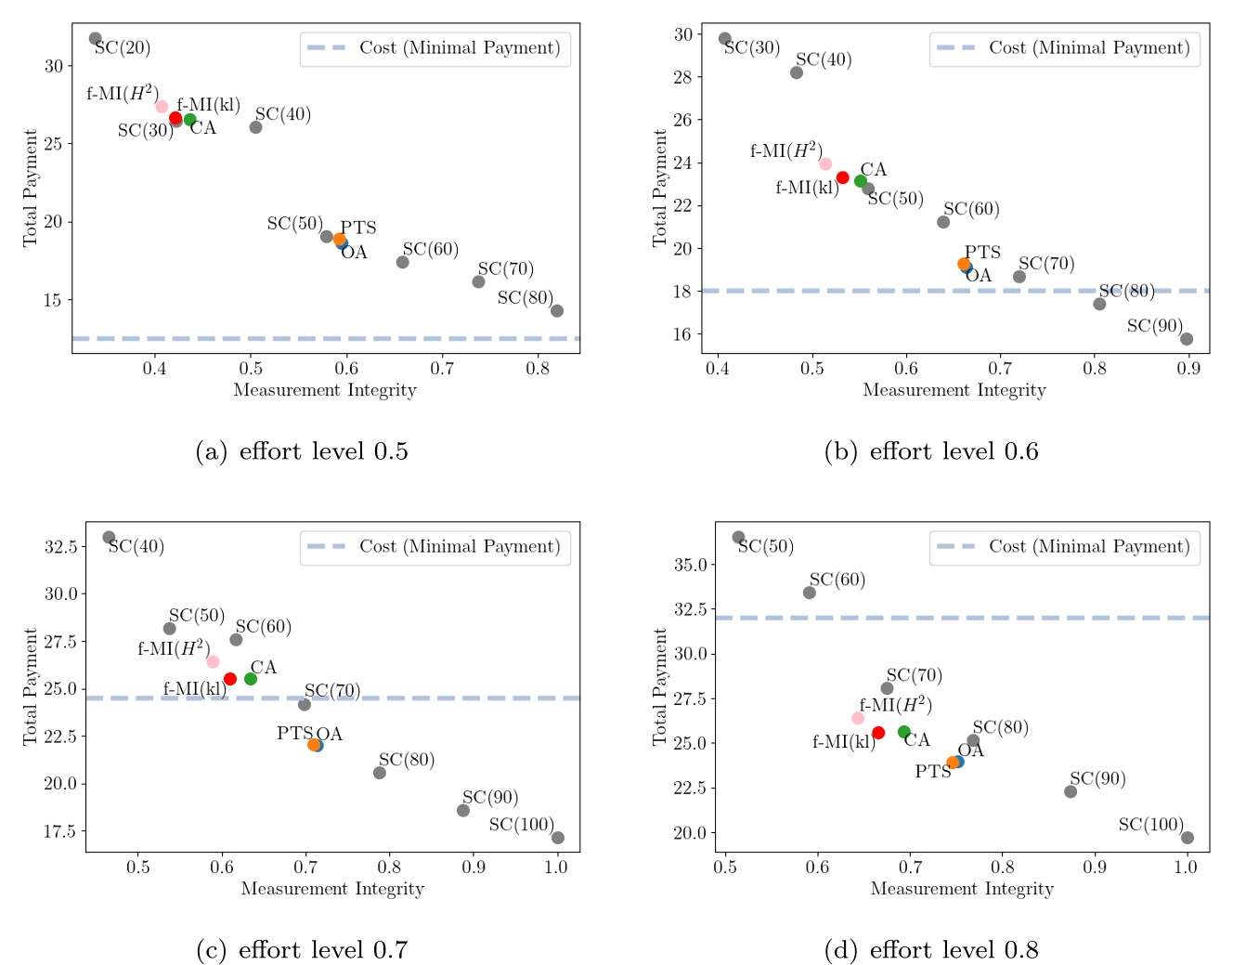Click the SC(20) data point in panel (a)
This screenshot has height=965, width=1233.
point(95,38)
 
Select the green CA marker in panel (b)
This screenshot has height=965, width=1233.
point(861,181)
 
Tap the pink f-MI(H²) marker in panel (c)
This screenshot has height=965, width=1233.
point(213,661)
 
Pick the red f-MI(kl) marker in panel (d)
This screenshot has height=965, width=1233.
point(878,733)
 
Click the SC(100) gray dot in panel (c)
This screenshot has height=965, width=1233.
point(557,838)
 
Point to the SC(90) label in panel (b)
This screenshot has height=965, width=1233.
point(1154,326)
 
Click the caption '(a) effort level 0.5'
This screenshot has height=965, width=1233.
point(302,451)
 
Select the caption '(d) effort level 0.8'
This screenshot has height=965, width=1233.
point(931,950)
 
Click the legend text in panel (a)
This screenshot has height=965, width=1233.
point(460,48)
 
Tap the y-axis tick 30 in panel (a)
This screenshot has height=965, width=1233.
point(53,66)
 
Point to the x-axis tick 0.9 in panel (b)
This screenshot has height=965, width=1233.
point(1188,369)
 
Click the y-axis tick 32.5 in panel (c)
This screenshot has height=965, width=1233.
point(60,546)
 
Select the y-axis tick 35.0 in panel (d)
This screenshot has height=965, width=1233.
point(690,565)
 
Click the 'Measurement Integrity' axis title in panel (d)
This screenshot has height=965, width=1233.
point(962,889)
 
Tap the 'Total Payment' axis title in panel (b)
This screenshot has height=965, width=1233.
point(659,188)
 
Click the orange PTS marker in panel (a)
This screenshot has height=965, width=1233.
point(340,240)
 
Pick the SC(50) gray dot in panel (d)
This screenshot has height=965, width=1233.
point(738,537)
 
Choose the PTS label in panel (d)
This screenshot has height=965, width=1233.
point(932,772)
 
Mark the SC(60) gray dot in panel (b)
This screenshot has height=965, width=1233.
point(943,222)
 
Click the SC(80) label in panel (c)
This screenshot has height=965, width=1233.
point(407,760)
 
